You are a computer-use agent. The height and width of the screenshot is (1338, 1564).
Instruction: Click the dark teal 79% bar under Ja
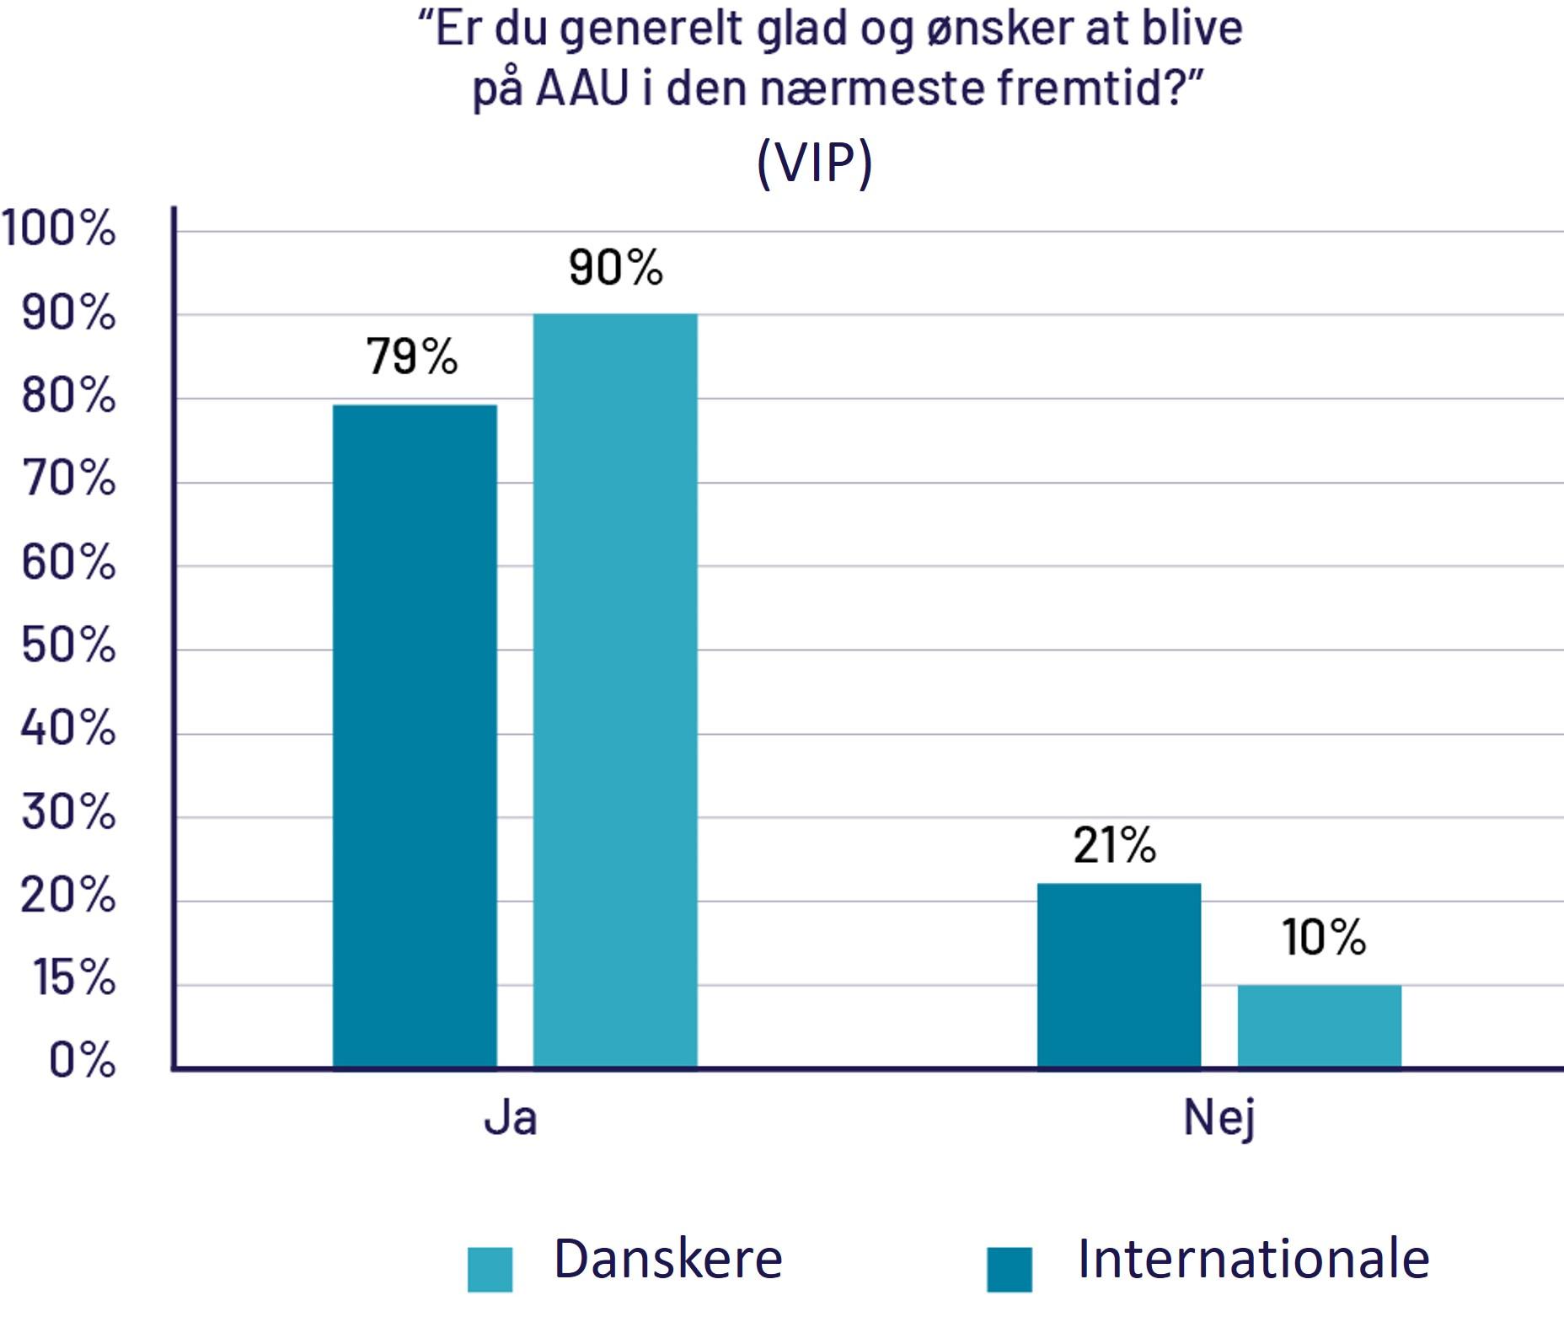pyautogui.click(x=415, y=736)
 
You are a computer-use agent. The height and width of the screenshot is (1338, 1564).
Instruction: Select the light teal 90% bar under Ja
pyautogui.click(x=615, y=691)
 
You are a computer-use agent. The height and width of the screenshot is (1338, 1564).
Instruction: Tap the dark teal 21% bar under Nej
pyautogui.click(x=1119, y=976)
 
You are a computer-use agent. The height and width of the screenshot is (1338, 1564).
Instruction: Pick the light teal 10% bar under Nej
pyautogui.click(x=1320, y=1026)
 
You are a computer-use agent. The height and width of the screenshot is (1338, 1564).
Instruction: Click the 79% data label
pyautogui.click(x=412, y=356)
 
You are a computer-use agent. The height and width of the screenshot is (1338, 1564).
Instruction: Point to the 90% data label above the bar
pyautogui.click(x=616, y=267)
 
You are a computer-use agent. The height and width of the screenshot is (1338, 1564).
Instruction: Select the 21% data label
pyautogui.click(x=1115, y=845)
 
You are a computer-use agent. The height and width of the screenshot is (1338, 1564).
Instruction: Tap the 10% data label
pyautogui.click(x=1324, y=937)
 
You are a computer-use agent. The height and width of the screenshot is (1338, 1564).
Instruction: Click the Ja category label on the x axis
pyautogui.click(x=511, y=1118)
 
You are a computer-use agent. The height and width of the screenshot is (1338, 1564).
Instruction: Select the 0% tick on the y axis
pyautogui.click(x=82, y=1060)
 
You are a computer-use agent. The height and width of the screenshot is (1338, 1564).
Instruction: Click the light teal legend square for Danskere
pyautogui.click(x=490, y=1270)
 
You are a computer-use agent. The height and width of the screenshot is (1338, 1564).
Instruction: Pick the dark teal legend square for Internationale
pyautogui.click(x=1010, y=1270)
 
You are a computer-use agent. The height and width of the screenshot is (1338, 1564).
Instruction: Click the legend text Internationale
pyautogui.click(x=1254, y=1260)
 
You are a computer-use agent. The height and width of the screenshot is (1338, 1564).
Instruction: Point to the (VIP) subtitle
pyautogui.click(x=815, y=163)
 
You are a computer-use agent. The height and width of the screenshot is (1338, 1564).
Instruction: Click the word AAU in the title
pyautogui.click(x=581, y=88)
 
